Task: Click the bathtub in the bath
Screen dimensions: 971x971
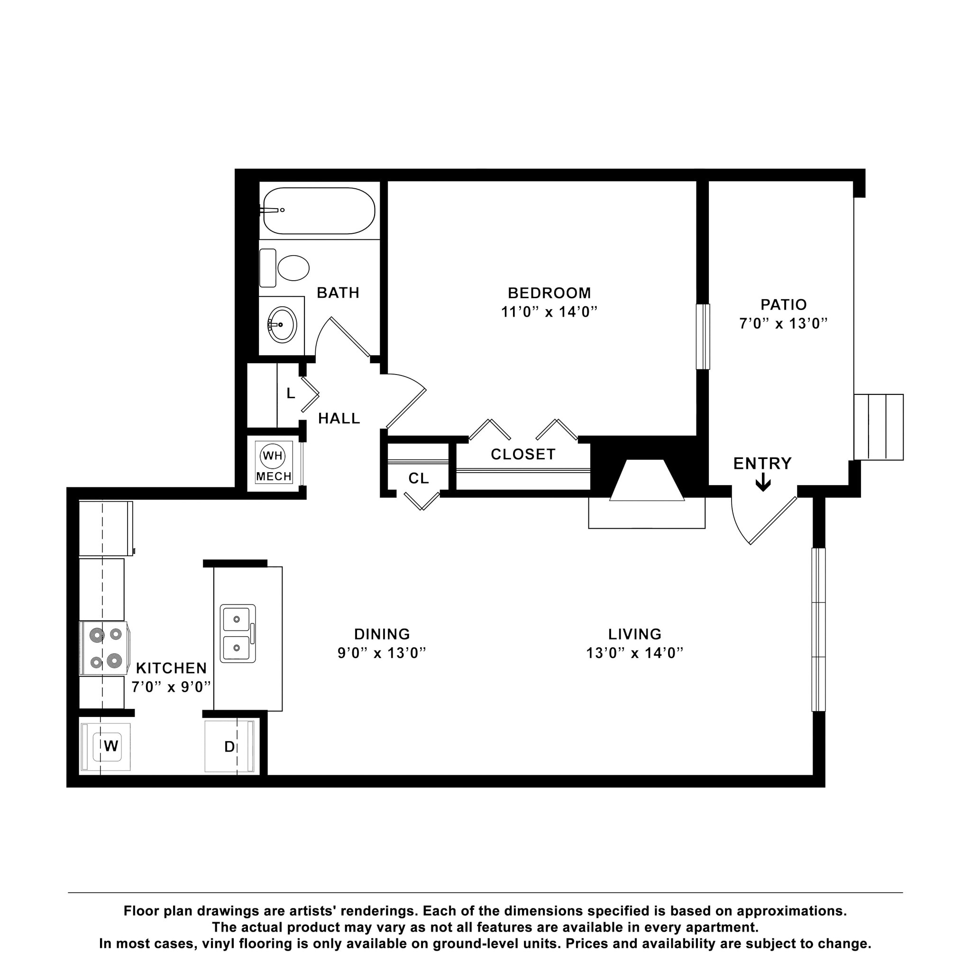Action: pos(319,211)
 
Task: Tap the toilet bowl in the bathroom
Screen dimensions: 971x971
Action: pos(293,268)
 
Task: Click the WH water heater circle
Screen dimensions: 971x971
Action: pos(273,456)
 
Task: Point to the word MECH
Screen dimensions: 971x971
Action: pos(274,476)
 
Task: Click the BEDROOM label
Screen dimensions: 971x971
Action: pos(549,293)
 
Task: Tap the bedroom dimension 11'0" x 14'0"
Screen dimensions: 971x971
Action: pos(549,312)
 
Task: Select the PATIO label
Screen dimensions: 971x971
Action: pos(783,304)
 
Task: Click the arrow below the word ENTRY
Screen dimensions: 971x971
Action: pos(763,484)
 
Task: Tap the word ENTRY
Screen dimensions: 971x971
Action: pos(762,463)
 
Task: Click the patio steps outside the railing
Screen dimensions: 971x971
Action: pos(879,427)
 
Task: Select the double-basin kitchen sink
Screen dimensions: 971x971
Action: pos(238,633)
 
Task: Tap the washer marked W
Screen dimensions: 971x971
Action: pos(110,746)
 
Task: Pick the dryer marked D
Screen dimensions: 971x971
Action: pos(229,747)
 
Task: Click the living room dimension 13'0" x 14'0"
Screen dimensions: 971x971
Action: pos(634,653)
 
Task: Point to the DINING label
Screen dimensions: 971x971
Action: pos(382,634)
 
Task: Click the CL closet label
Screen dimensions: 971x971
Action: pos(418,478)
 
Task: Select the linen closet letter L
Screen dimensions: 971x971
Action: pos(291,394)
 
